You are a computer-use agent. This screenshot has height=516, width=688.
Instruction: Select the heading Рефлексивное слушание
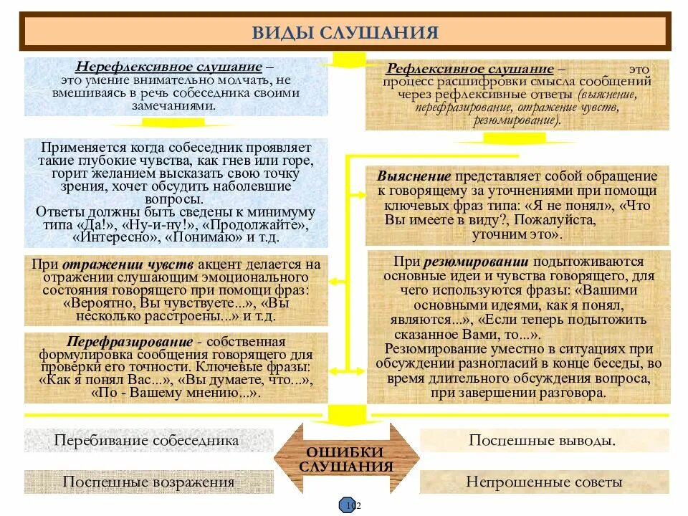click(469, 69)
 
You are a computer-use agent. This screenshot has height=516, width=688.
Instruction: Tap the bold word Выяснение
click(414, 176)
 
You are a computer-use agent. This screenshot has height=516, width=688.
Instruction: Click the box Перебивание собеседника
click(146, 439)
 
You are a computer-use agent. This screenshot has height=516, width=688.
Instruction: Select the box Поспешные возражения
click(148, 482)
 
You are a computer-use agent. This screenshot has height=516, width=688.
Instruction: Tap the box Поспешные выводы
click(542, 439)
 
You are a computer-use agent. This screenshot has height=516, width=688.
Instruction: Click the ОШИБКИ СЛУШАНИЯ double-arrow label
click(346, 459)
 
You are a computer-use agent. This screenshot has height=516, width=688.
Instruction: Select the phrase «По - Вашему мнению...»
click(176, 393)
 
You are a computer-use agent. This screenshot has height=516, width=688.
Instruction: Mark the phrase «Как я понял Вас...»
click(105, 380)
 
